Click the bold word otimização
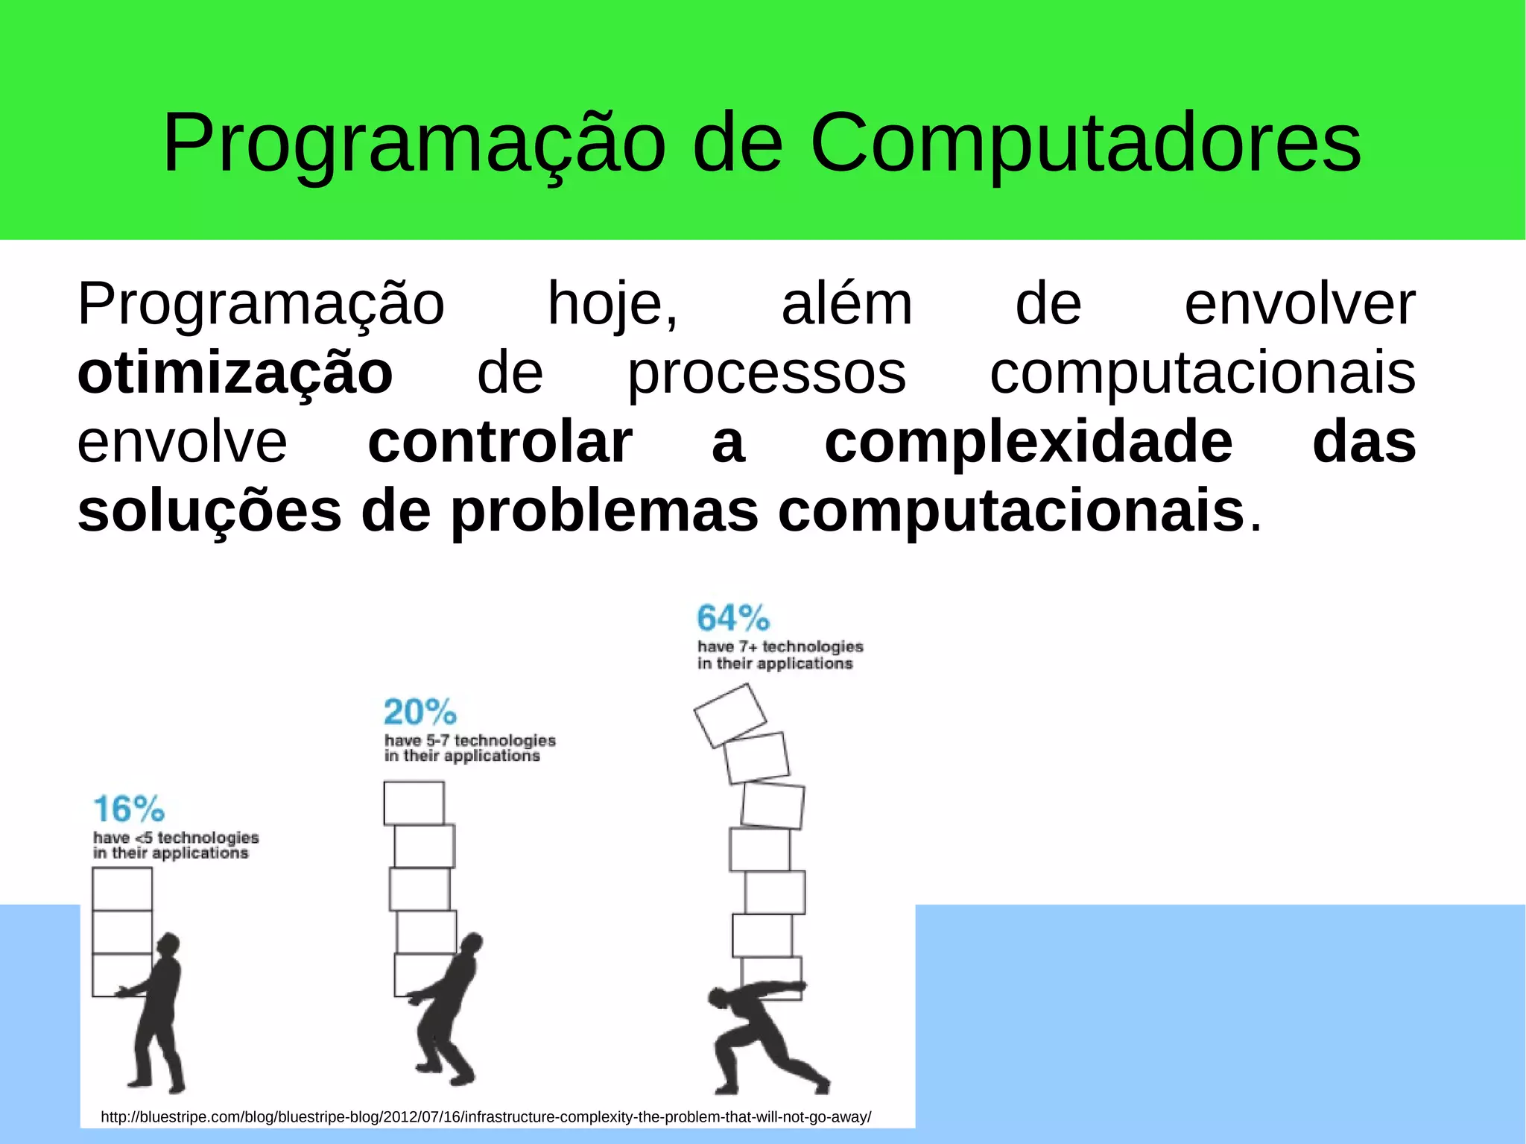click(x=235, y=374)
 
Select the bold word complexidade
click(x=1028, y=443)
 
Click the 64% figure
click(x=733, y=619)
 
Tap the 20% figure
click(x=420, y=712)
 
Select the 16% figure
click(x=128, y=809)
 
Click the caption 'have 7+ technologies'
click(x=779, y=647)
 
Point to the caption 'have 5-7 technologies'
click(x=469, y=740)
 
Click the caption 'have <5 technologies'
click(x=176, y=838)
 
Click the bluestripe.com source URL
click(x=485, y=1117)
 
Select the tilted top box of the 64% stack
click(x=729, y=715)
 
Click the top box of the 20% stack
click(x=414, y=803)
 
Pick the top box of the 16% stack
click(x=122, y=889)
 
